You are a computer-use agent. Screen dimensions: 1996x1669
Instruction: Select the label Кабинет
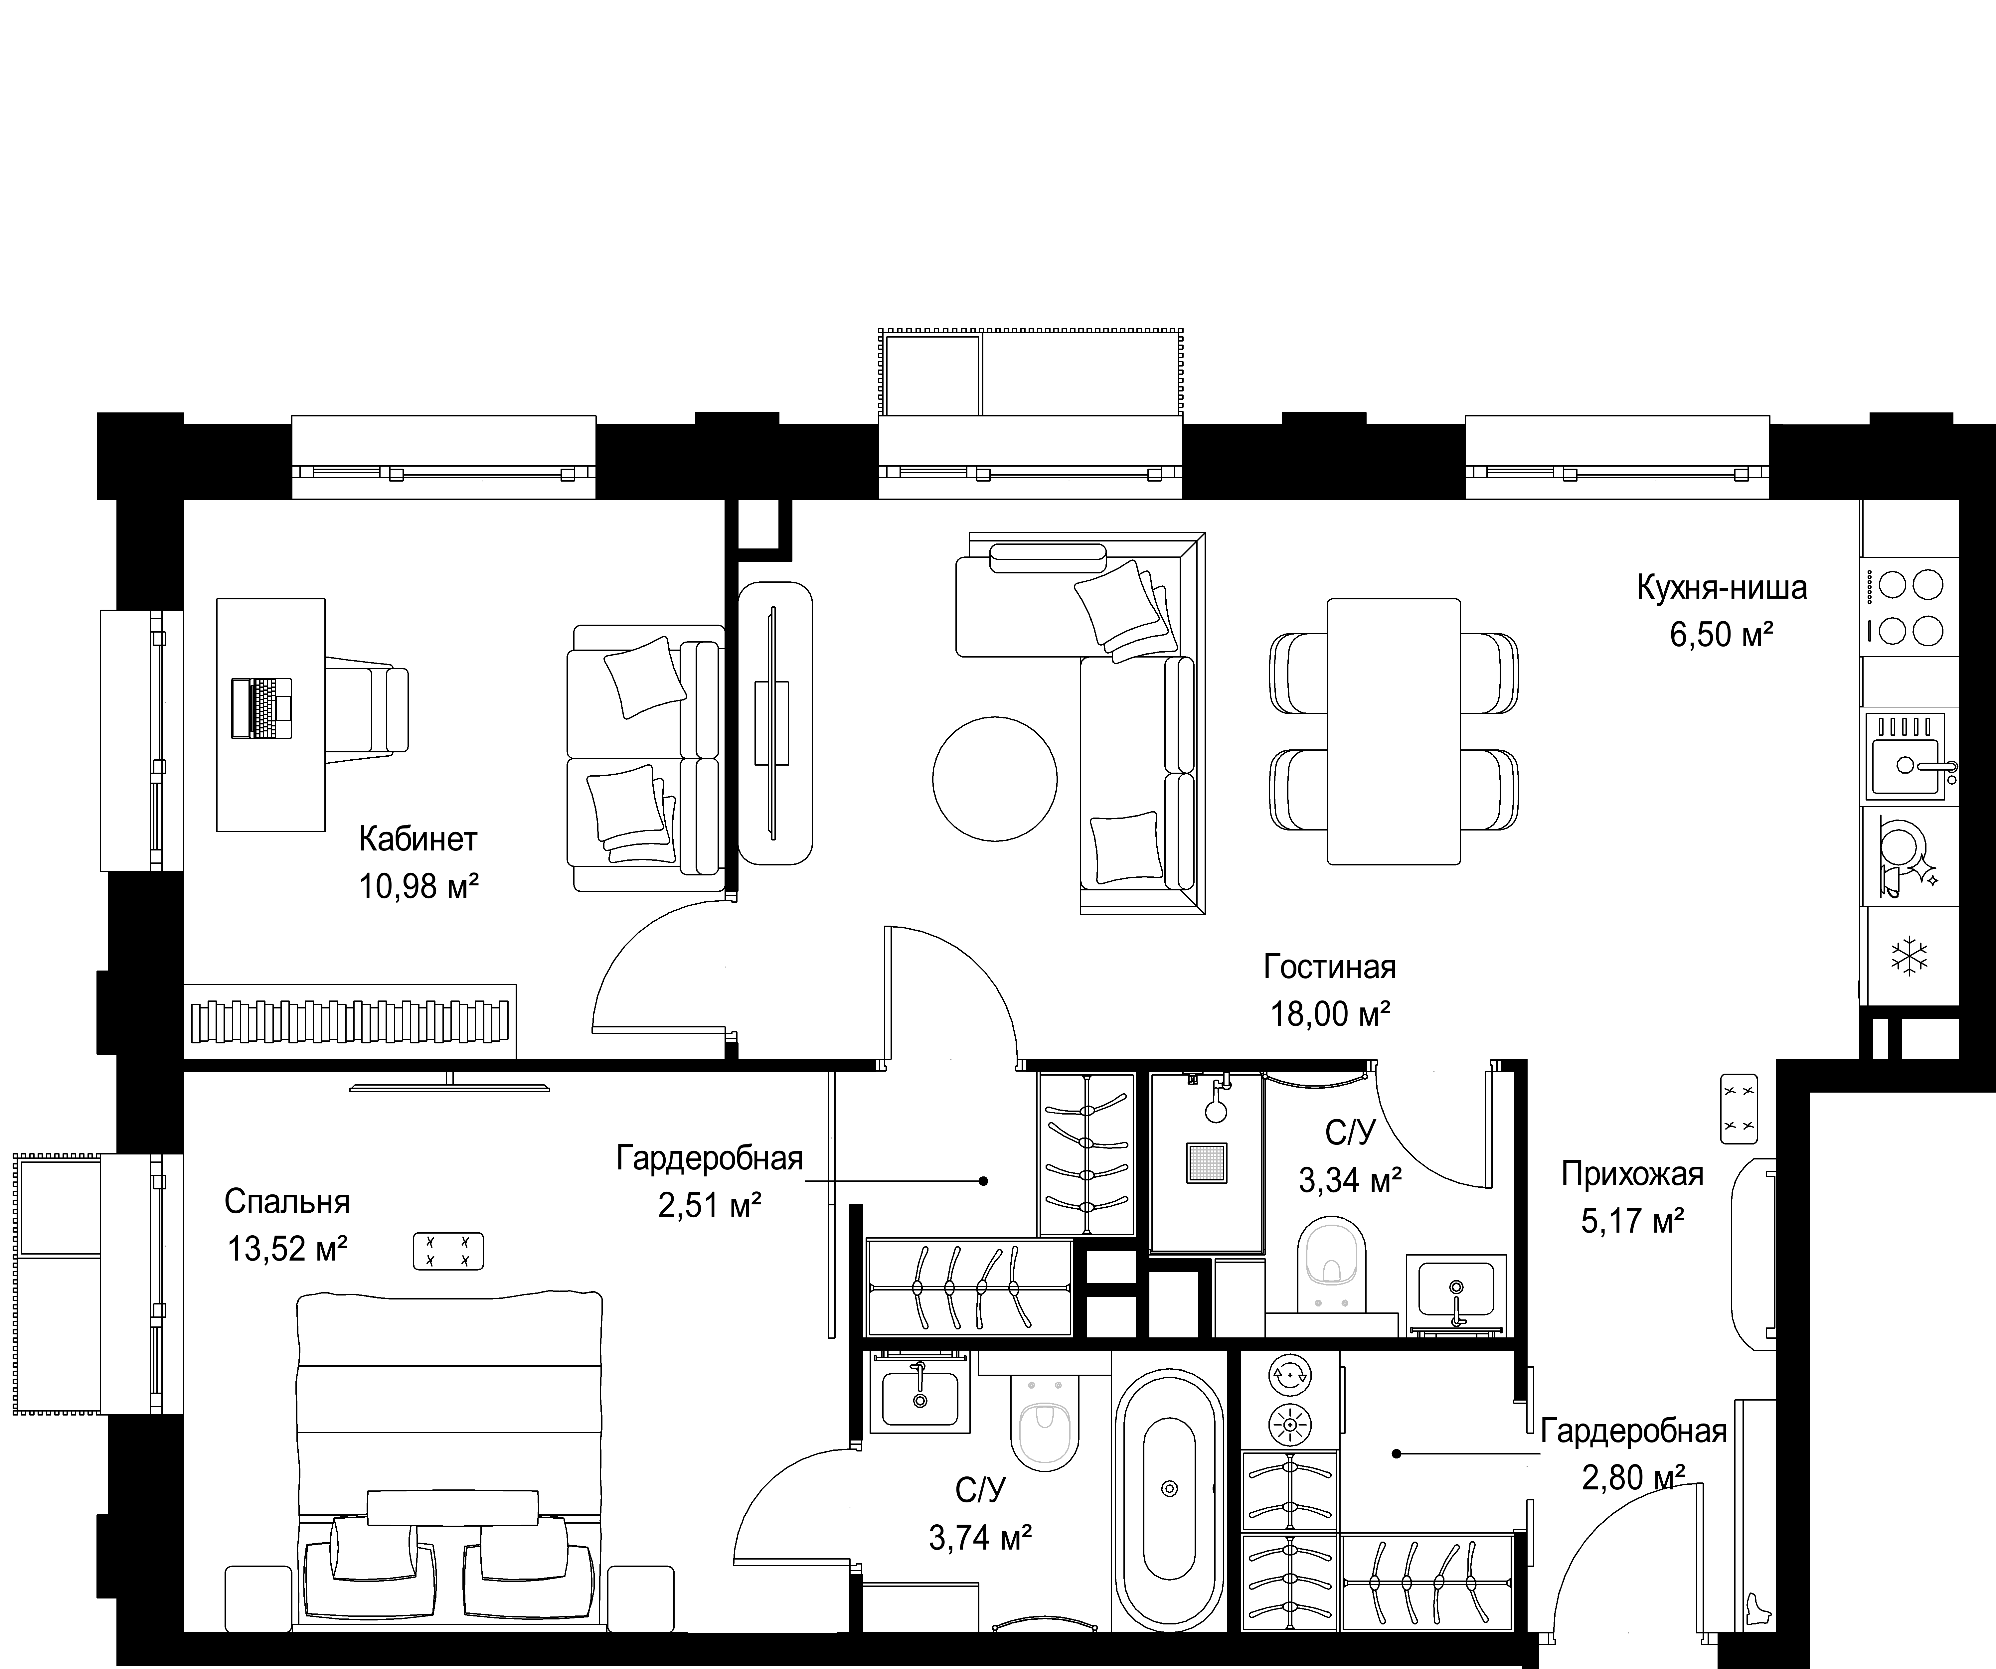[418, 839]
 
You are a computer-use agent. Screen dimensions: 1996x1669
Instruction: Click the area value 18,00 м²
[1331, 1014]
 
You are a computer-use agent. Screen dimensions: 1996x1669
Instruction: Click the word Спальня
[287, 1201]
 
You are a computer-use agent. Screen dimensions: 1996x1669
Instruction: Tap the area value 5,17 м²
[1633, 1220]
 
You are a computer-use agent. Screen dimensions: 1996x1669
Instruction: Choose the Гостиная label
[1330, 968]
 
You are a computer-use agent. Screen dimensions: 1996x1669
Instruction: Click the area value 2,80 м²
[1633, 1478]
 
